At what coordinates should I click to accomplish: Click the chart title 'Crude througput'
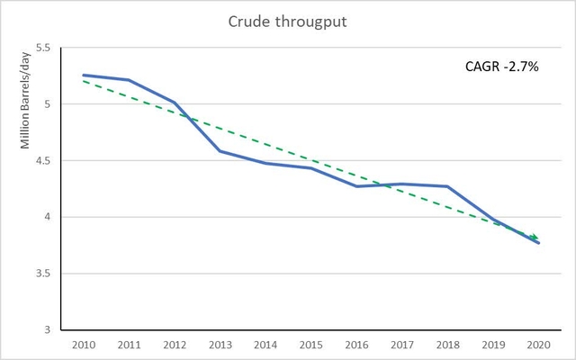[x=288, y=22]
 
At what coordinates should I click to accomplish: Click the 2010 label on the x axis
[x=84, y=346]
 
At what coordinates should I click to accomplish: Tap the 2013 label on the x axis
[x=220, y=346]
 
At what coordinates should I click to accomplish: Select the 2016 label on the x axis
[x=356, y=346]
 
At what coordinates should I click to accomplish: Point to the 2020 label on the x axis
[x=538, y=346]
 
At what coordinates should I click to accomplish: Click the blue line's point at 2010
[x=84, y=76]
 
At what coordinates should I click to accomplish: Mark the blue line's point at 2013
[x=220, y=151]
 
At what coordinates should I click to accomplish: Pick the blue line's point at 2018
[x=447, y=186]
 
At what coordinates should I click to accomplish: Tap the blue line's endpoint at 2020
[x=538, y=243]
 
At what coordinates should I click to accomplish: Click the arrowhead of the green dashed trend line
[x=536, y=238]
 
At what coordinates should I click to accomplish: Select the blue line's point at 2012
[x=175, y=103]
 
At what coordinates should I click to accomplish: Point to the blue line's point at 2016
[x=356, y=186]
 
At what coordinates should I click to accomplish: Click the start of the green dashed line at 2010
[x=84, y=81]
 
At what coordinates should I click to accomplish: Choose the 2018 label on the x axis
[x=447, y=346]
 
